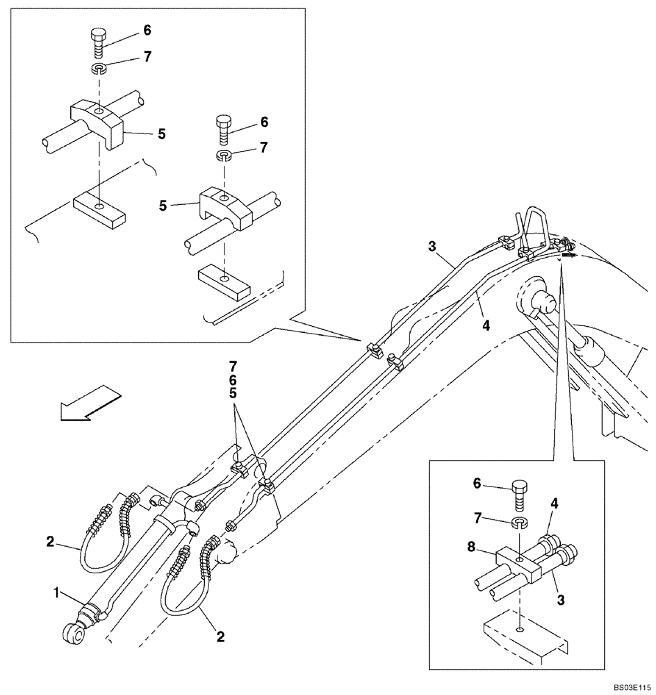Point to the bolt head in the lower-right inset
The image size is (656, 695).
pyautogui.click(x=522, y=495)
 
